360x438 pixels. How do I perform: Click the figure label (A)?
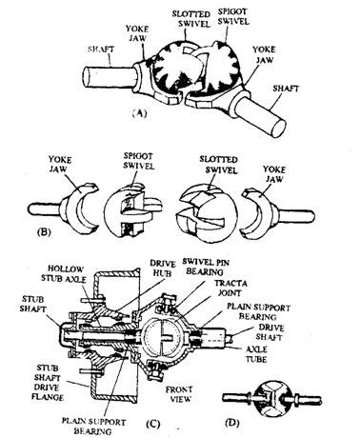point(139,113)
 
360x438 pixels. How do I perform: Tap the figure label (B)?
point(43,232)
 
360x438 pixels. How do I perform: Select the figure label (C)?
point(152,424)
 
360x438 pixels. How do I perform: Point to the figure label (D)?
point(231,423)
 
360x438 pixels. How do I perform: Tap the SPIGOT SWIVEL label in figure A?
point(233,16)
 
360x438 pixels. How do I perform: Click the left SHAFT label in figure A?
point(101,50)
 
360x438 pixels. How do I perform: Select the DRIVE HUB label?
point(163,269)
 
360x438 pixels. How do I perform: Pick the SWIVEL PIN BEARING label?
point(207,267)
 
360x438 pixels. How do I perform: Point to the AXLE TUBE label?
point(256,354)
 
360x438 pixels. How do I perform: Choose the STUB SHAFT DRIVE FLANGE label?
point(49,383)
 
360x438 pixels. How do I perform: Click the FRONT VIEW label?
point(180,394)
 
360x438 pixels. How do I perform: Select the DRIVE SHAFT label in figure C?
point(270,332)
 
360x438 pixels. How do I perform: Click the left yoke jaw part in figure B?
point(64,209)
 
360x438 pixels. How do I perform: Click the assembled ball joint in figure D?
point(271,399)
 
